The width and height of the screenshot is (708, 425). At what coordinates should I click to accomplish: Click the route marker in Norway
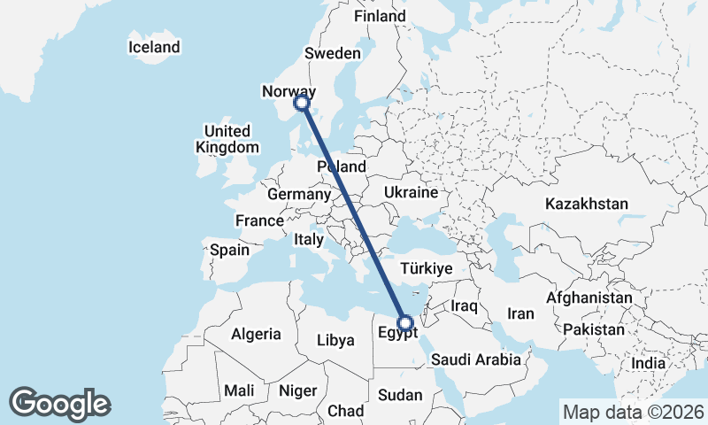(x=302, y=104)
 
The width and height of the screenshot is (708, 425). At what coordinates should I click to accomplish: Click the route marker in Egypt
(x=405, y=324)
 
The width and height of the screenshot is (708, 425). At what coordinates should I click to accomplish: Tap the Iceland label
(x=154, y=47)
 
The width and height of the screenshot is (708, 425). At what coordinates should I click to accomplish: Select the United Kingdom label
(x=228, y=140)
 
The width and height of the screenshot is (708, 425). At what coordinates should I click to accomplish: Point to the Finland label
(x=380, y=17)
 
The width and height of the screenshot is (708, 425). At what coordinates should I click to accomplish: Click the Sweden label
(x=333, y=53)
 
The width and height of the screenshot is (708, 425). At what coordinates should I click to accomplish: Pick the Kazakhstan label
(x=587, y=204)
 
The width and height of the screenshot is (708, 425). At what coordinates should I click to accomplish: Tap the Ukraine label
(x=411, y=192)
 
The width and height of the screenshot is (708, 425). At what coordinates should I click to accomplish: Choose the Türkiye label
(x=427, y=268)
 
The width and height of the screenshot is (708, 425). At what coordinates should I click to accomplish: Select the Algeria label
(x=256, y=335)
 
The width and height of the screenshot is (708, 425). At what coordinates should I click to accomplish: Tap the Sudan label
(x=400, y=395)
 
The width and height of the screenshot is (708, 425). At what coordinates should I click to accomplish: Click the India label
(x=649, y=364)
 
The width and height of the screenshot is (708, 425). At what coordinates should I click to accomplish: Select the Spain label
(x=229, y=251)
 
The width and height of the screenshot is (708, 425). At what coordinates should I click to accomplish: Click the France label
(x=259, y=220)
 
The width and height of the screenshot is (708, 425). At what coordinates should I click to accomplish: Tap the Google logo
(x=59, y=404)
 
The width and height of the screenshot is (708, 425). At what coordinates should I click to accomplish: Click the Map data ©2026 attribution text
(x=634, y=412)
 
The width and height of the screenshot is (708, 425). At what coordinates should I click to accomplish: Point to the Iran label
(x=520, y=313)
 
